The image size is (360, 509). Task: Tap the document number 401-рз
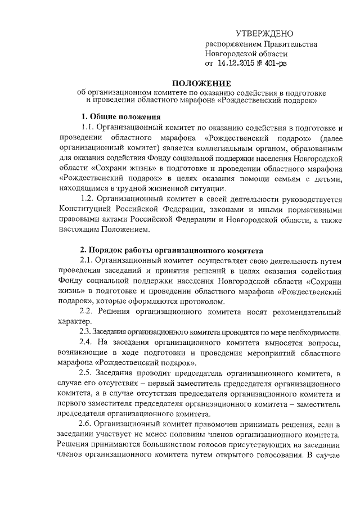[273, 64]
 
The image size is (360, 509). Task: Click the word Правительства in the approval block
[287, 45]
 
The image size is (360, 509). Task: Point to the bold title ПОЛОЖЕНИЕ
[178, 82]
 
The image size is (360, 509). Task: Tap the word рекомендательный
[303, 312]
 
